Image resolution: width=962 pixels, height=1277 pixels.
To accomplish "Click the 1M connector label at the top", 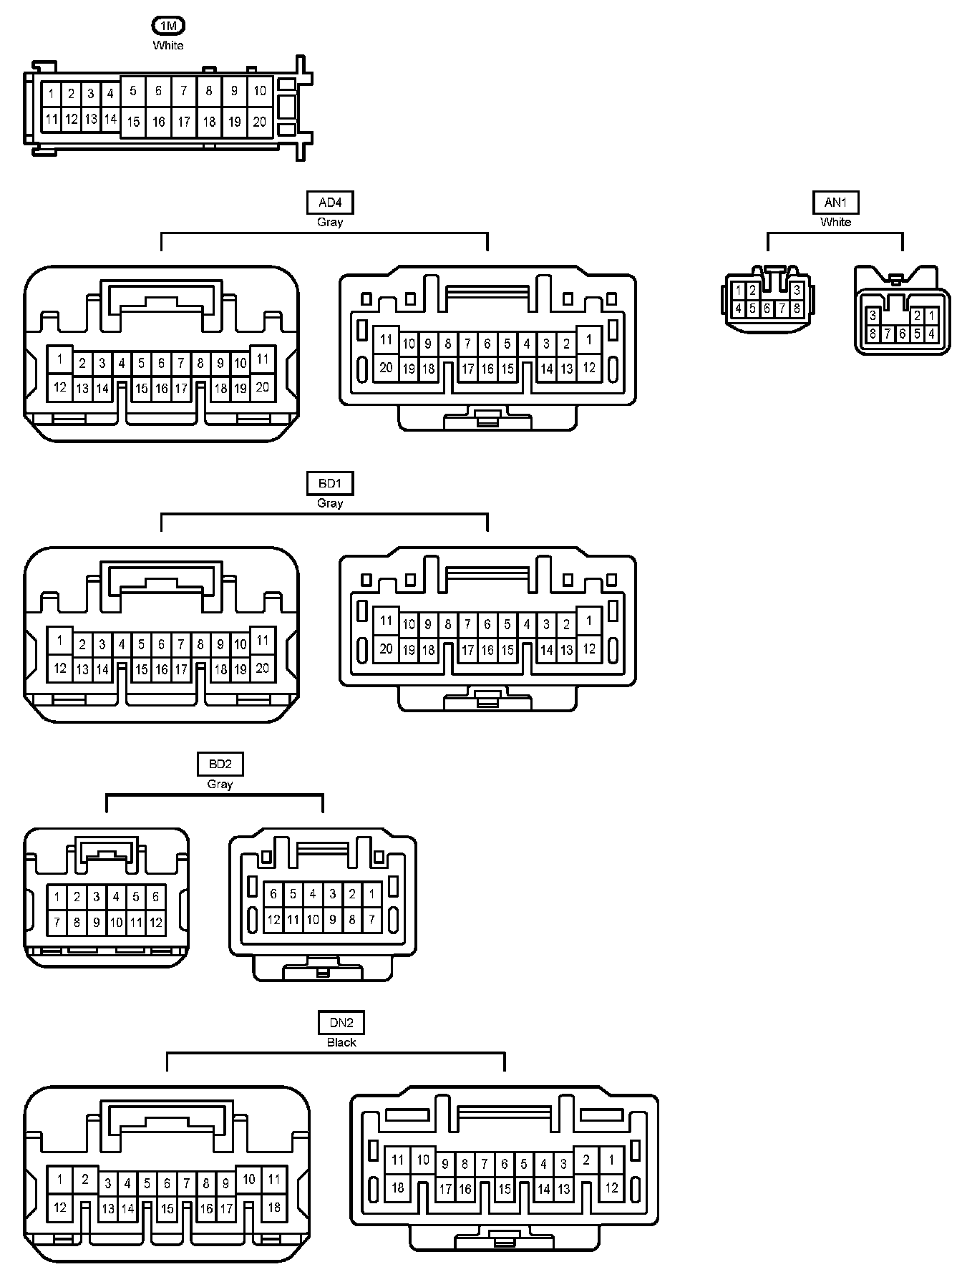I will (168, 26).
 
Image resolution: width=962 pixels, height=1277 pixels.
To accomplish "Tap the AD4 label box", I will (330, 203).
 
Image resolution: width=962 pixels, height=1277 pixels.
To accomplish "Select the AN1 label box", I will (835, 203).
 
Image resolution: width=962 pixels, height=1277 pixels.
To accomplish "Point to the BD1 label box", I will (330, 484).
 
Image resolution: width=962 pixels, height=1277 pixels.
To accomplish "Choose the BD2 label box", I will (220, 764).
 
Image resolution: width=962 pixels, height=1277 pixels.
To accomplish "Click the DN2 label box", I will (341, 1023).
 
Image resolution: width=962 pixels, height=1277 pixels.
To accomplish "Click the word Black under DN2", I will (341, 1042).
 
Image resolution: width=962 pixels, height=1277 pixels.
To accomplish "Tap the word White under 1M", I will (168, 45).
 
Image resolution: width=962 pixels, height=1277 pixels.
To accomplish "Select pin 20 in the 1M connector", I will (260, 122).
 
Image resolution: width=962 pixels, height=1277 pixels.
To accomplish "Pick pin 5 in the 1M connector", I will (133, 91).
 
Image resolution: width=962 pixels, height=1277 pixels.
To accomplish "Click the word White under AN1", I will (835, 222).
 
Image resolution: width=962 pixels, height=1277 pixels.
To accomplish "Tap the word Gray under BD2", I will (220, 784).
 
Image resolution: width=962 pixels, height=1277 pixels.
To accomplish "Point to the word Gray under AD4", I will (330, 222).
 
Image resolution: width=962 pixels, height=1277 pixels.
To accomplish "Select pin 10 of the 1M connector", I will (260, 91).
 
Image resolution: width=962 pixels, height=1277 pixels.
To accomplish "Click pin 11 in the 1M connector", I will (51, 119).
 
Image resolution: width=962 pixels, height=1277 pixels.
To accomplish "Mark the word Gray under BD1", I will (330, 503).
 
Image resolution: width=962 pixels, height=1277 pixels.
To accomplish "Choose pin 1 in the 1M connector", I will (51, 94).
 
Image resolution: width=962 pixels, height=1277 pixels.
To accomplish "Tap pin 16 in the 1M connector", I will (158, 122).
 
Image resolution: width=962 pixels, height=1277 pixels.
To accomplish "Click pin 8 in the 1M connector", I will (209, 91).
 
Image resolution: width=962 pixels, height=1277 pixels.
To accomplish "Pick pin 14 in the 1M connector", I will (110, 119).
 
